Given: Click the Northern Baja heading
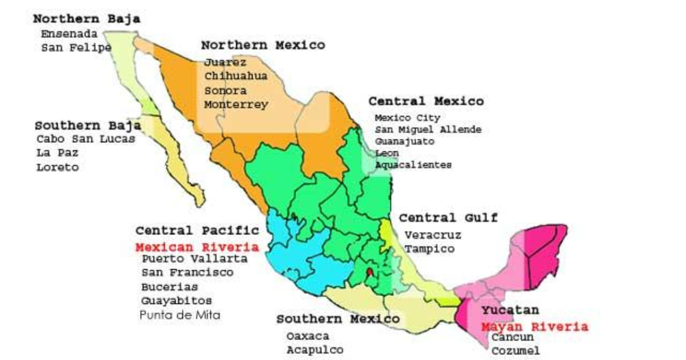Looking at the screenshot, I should coord(86,19).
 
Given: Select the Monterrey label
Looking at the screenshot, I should coord(236,105).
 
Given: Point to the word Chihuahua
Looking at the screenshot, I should coord(236,76).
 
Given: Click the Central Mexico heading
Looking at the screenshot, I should coord(426,101).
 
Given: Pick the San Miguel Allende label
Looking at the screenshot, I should coord(428,130).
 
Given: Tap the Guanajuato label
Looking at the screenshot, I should coord(404,141).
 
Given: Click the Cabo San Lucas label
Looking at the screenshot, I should coord(86,139).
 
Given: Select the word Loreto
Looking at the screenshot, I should coord(57,167).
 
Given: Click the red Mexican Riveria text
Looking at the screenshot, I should coord(197,247).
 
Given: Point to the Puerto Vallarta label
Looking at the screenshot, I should coord(195,259).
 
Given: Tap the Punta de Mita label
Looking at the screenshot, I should coord(180,315).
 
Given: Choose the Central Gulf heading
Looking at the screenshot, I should coord(448,218).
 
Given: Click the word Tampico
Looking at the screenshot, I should coord(430,249).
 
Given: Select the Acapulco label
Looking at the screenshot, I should coord(315,349).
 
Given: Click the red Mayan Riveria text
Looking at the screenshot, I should coord(534,327).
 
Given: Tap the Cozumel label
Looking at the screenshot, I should coord(515,350).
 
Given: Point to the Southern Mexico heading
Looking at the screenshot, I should coord(338,319).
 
